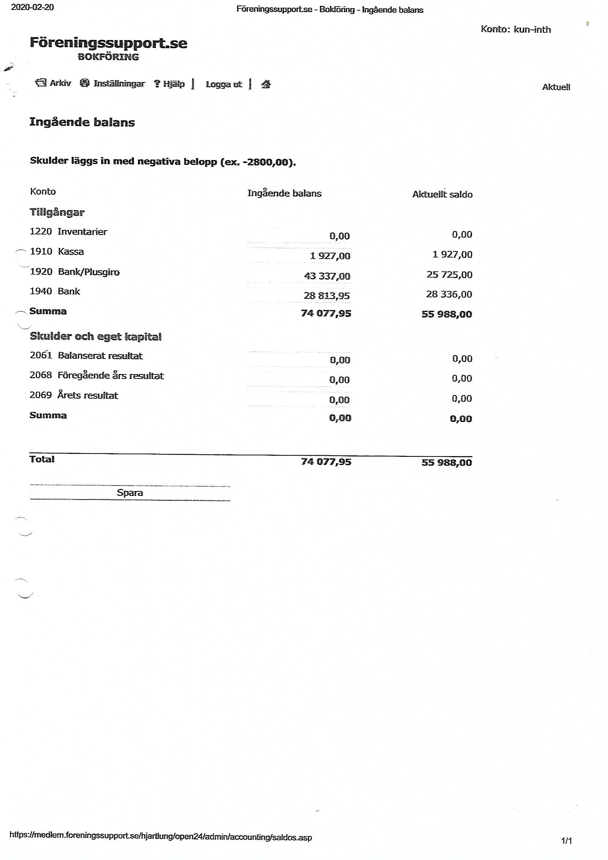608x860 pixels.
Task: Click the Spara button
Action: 130,493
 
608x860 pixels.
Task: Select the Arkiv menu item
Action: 53,83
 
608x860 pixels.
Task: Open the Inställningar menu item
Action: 112,83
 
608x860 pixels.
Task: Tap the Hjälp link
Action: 169,84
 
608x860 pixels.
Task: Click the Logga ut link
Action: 224,84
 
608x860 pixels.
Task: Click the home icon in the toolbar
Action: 266,84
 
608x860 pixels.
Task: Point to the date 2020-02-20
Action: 32,7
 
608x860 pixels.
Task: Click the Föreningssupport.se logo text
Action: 108,43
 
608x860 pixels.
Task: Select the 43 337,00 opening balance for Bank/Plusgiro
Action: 327,276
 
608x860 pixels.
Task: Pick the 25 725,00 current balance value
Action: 449,274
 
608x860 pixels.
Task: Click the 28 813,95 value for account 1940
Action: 326,296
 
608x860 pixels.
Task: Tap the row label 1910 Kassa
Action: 57,251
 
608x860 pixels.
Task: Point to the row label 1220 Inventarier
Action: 68,232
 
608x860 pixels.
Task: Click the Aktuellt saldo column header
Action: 442,194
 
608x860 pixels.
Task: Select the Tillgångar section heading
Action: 57,212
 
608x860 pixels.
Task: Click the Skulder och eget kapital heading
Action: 96,336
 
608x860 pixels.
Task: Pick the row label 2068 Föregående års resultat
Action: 97,375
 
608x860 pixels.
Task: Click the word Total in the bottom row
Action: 42,459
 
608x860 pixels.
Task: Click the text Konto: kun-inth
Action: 515,29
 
